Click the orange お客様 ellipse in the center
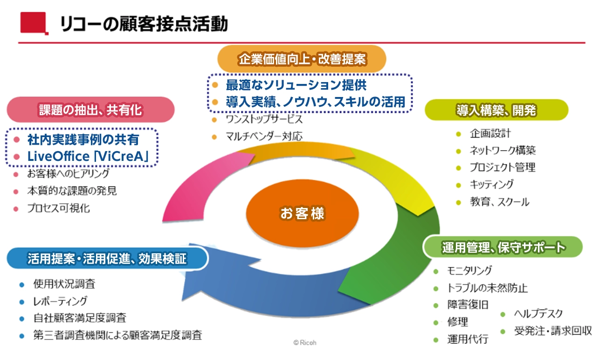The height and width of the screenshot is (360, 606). [302, 214]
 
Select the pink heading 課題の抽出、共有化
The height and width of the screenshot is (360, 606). [90, 110]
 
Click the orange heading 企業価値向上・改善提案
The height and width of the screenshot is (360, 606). [303, 59]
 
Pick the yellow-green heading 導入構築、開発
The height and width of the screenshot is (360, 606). [496, 110]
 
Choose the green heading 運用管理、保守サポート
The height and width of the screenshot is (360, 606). [503, 247]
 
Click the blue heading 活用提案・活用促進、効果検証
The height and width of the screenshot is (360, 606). [107, 258]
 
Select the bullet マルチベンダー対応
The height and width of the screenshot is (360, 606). [264, 137]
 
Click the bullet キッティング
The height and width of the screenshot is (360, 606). [491, 184]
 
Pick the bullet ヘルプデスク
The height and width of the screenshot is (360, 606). [538, 314]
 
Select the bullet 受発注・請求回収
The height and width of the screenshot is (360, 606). [552, 331]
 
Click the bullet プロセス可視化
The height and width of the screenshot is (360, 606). [58, 208]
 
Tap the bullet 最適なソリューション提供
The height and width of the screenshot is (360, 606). [296, 85]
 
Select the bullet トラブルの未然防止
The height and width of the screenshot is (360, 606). [487, 288]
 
